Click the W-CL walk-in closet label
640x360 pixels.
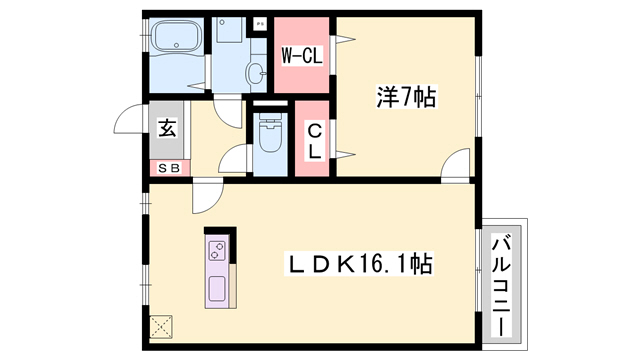click(301, 56)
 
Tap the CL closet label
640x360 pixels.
click(314, 140)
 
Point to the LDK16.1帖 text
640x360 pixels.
click(360, 265)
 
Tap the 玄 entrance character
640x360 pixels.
click(165, 128)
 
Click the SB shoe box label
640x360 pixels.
click(166, 168)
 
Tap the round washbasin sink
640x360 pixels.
click(256, 73)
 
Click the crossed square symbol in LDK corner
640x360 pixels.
click(161, 327)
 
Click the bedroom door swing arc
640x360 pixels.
click(454, 165)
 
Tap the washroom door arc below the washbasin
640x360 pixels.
click(231, 110)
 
